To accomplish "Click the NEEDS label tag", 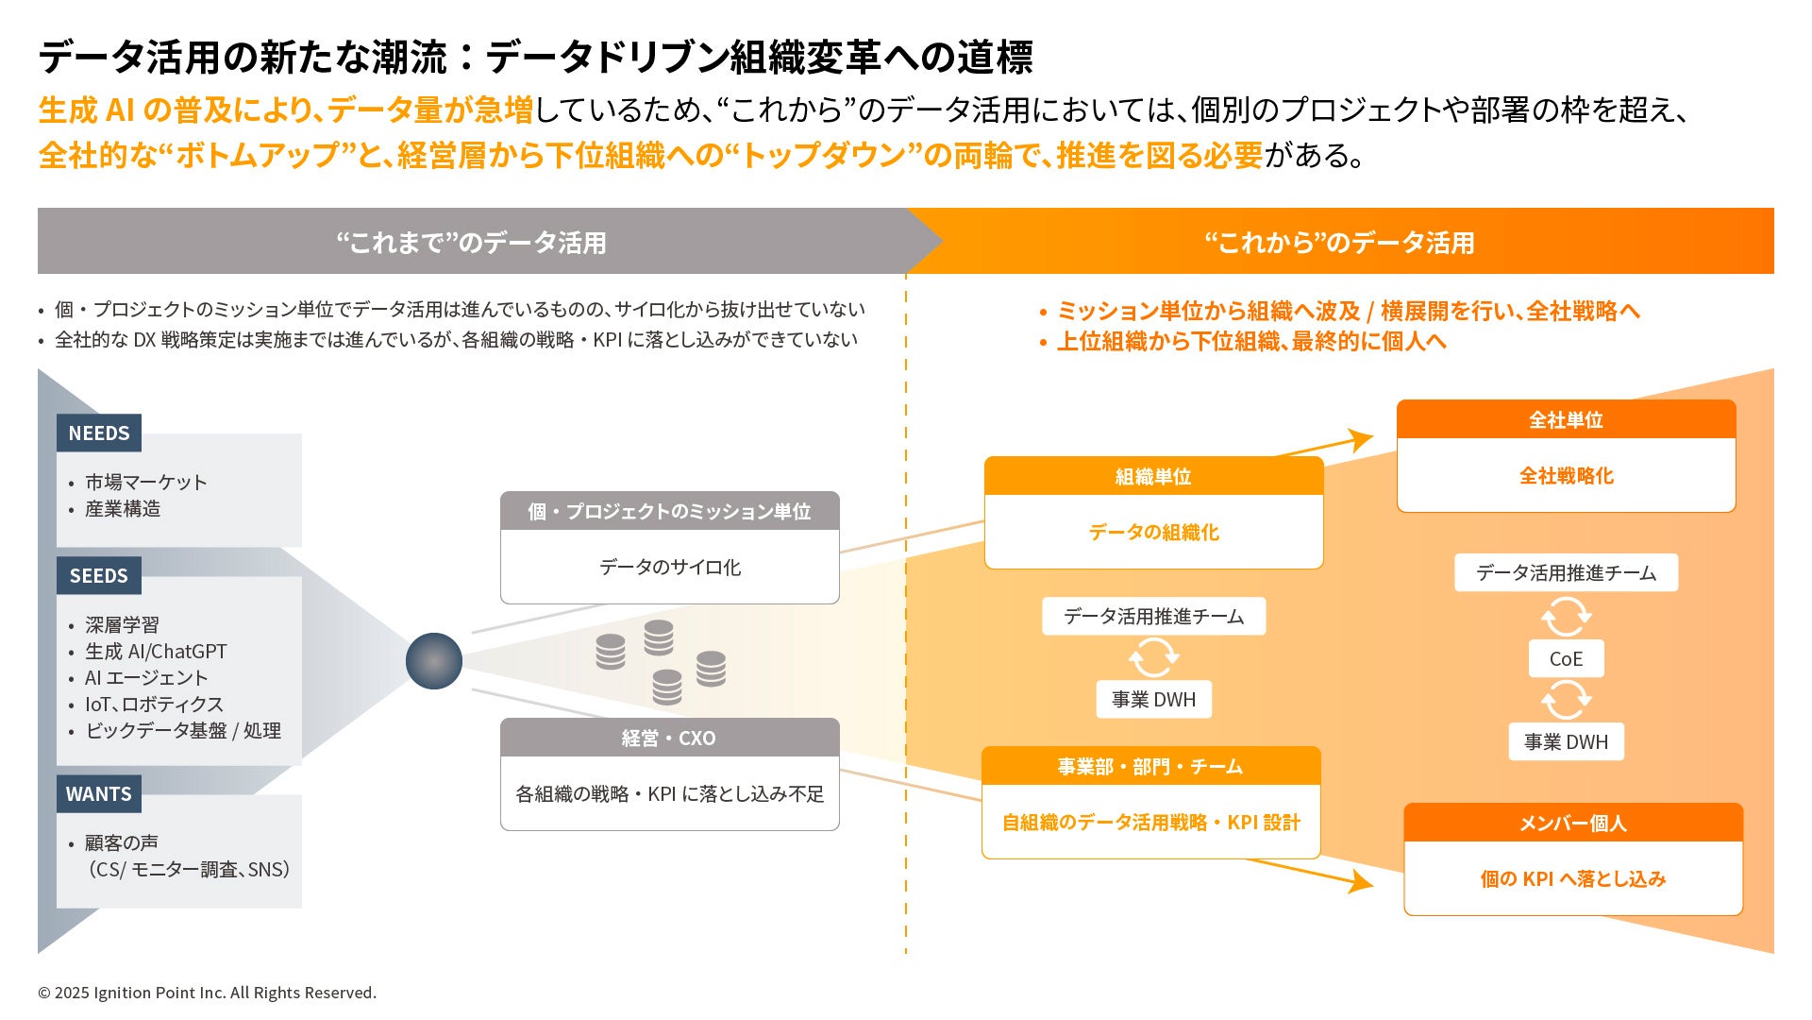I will coord(99,433).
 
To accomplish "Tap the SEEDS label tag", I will coord(99,576).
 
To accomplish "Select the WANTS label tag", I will coord(99,794).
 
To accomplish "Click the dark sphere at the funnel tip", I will coord(434,661).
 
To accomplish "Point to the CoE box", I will coord(1566,659).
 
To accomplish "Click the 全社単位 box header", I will coord(1566,420).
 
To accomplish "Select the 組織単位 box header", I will coord(1153,477).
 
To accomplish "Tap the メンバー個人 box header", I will coord(1572,824).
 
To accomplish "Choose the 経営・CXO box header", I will coord(669,739).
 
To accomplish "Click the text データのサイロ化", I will coord(670,568).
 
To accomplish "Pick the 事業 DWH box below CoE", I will coord(1566,742).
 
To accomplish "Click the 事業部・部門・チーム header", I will coord(1150,767).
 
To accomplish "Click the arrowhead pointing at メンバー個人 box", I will coord(1362,882).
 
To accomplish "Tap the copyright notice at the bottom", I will coord(207,993).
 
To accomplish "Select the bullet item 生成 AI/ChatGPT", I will coord(156,652).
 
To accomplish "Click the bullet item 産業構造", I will coord(123,509).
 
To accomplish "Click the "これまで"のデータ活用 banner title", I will coord(472,244).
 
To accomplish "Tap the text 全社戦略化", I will coord(1566,476).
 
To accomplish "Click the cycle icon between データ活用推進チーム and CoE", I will coord(1566,618).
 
